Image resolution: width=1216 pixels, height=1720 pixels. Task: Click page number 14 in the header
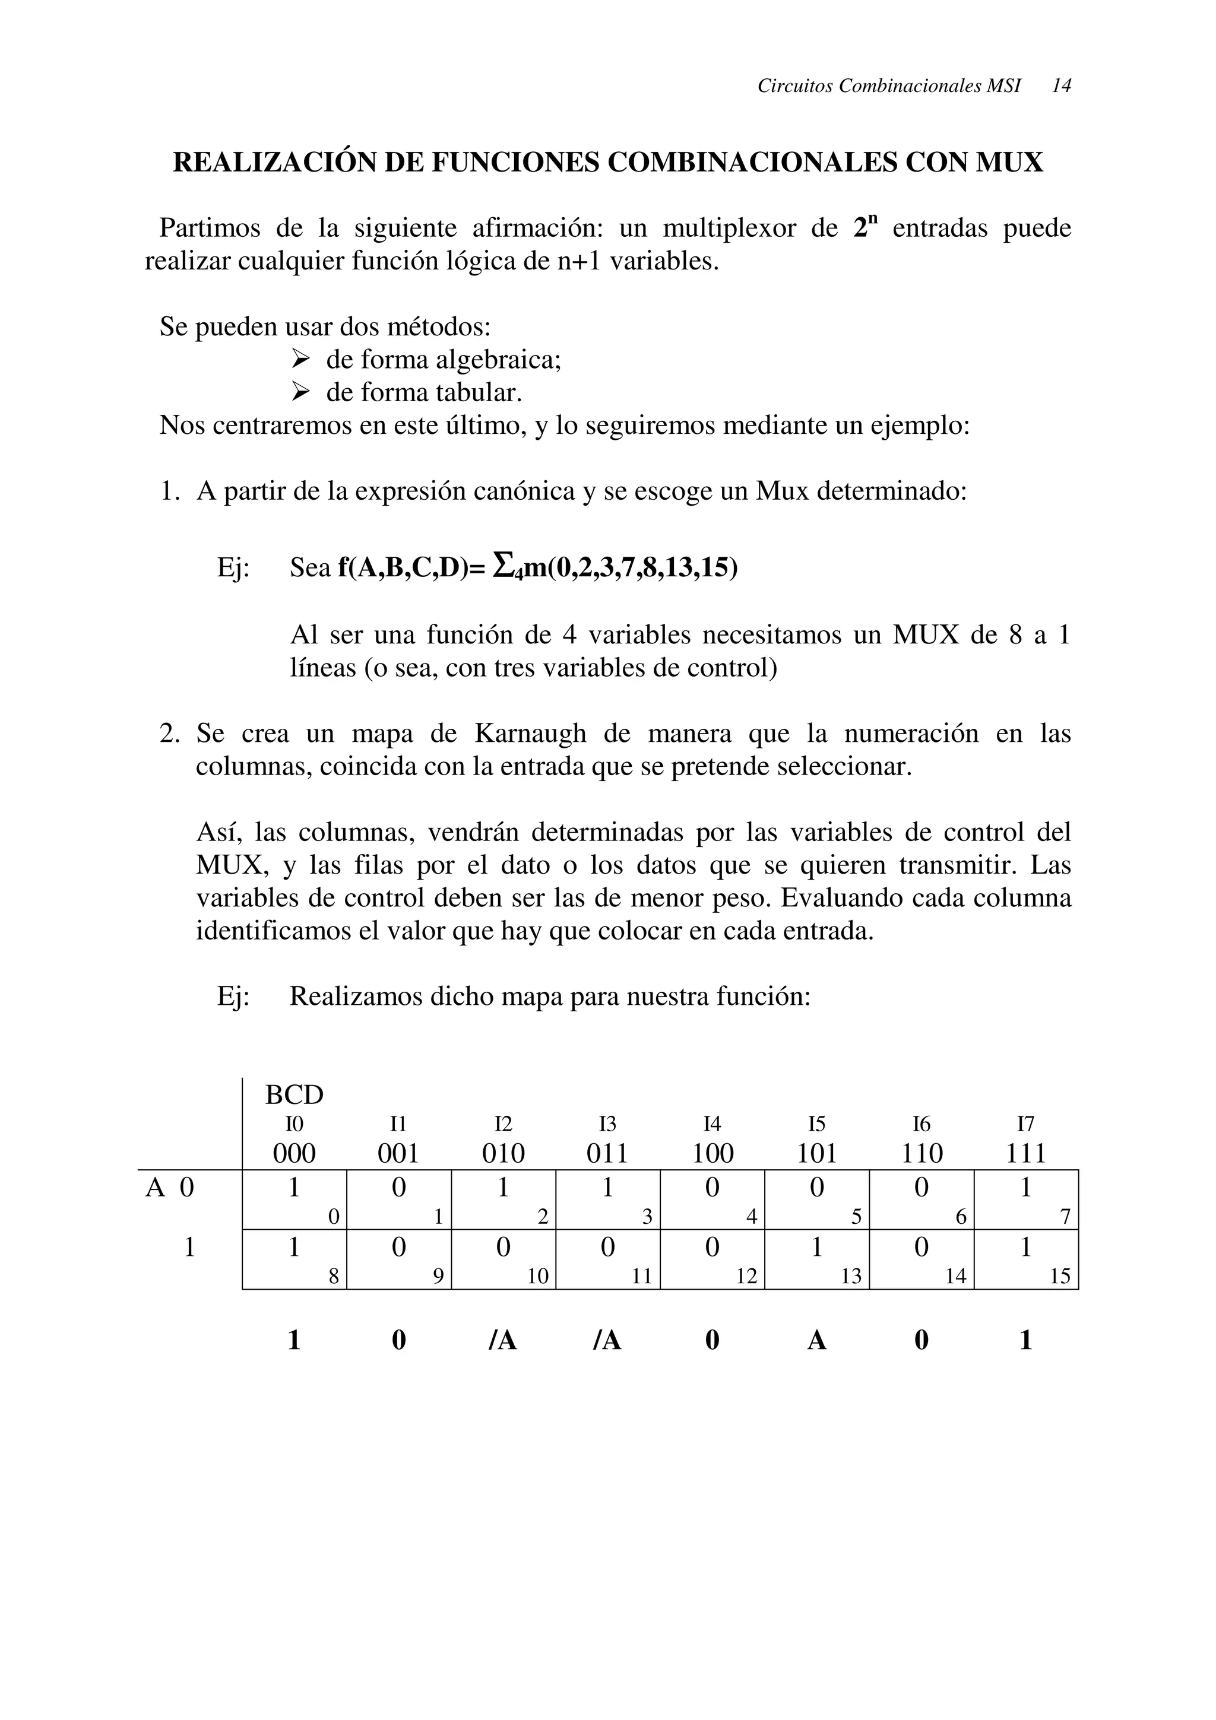[1061, 86]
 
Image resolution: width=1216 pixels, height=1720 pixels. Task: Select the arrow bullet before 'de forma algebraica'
[300, 360]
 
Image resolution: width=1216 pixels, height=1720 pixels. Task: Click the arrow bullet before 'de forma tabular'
[300, 392]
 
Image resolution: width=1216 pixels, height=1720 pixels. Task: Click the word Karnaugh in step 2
[530, 734]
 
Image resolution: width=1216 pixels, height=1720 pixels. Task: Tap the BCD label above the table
[294, 1095]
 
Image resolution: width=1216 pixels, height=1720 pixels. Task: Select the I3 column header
[607, 1125]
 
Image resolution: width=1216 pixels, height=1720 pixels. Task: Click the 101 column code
[816, 1153]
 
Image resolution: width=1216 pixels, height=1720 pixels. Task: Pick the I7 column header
[1025, 1125]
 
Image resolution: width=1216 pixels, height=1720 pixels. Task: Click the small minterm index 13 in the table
[851, 1277]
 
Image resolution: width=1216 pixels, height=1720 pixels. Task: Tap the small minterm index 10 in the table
[537, 1277]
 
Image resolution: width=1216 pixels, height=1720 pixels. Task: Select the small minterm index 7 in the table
[1065, 1218]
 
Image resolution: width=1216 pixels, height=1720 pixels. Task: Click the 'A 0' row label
[169, 1188]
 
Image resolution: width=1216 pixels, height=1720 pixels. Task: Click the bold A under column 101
[816, 1340]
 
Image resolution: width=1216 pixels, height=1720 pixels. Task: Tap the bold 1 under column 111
[1025, 1340]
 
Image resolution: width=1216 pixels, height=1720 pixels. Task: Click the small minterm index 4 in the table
[750, 1218]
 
